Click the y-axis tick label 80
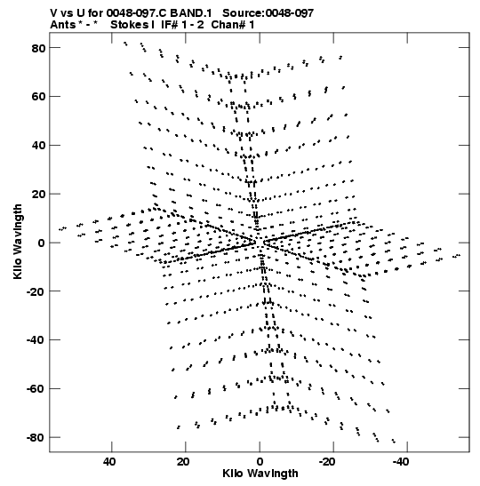click(x=38, y=48)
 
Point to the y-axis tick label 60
click(x=38, y=97)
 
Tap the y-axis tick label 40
click(x=38, y=146)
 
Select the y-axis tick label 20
click(x=38, y=194)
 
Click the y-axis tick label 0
click(x=41, y=243)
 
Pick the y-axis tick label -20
click(x=36, y=291)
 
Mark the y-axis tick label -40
click(x=36, y=340)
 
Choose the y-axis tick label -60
click(x=36, y=388)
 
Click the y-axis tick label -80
click(x=36, y=437)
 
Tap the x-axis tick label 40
click(x=109, y=462)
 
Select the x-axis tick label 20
click(x=183, y=462)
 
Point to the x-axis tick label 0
click(x=260, y=462)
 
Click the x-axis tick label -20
click(x=327, y=462)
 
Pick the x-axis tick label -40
click(x=401, y=462)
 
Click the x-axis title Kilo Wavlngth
click(x=260, y=474)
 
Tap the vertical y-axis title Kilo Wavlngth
click(x=18, y=242)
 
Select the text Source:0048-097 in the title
click(x=268, y=13)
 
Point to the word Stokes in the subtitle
click(x=131, y=25)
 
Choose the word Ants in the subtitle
click(x=62, y=25)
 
